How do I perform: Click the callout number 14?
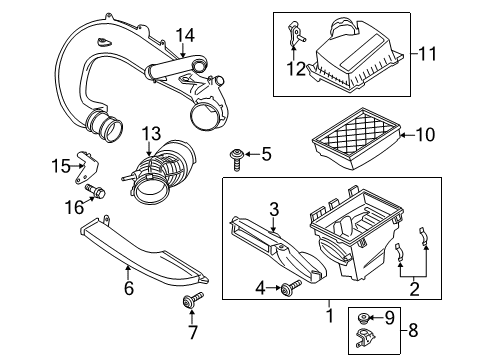(x=184, y=36)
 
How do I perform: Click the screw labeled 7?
(x=216, y=303)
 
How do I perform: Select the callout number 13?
(x=150, y=134)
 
